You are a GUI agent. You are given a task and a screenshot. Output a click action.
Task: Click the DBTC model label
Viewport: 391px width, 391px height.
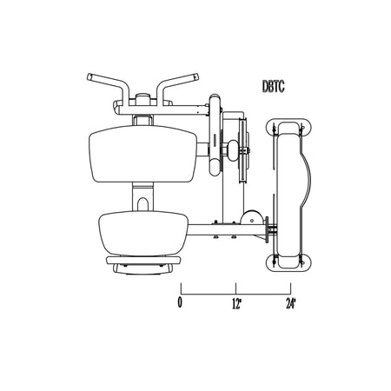pyautogui.click(x=273, y=86)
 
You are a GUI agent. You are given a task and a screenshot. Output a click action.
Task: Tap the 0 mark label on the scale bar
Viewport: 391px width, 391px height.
pyautogui.click(x=180, y=302)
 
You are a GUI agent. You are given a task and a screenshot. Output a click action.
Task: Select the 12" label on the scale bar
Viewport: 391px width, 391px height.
pyautogui.click(x=236, y=303)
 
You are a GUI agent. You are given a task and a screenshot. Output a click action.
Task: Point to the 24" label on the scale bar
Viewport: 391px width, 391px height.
pyautogui.click(x=291, y=303)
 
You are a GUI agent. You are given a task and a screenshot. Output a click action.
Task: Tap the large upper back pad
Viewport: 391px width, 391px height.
pyautogui.click(x=142, y=154)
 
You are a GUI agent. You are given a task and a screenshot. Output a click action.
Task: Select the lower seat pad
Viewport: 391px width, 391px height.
pyautogui.click(x=143, y=234)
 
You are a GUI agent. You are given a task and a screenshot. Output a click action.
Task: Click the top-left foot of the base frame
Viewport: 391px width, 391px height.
pyautogui.click(x=288, y=128)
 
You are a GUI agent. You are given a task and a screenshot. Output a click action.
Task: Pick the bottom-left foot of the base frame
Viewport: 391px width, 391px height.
pyautogui.click(x=288, y=263)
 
